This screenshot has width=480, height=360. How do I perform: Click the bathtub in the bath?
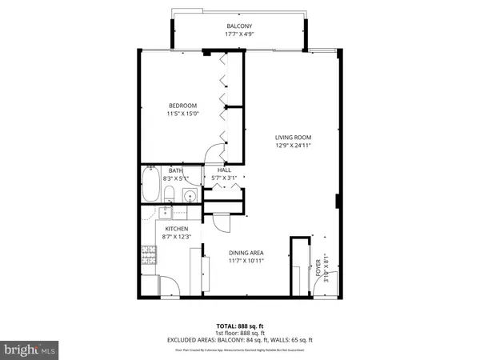click(150, 186)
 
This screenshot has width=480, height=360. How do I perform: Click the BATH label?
click(176, 170)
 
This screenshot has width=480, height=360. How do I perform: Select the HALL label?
click(225, 170)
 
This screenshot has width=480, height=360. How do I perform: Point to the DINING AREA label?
click(246, 253)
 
